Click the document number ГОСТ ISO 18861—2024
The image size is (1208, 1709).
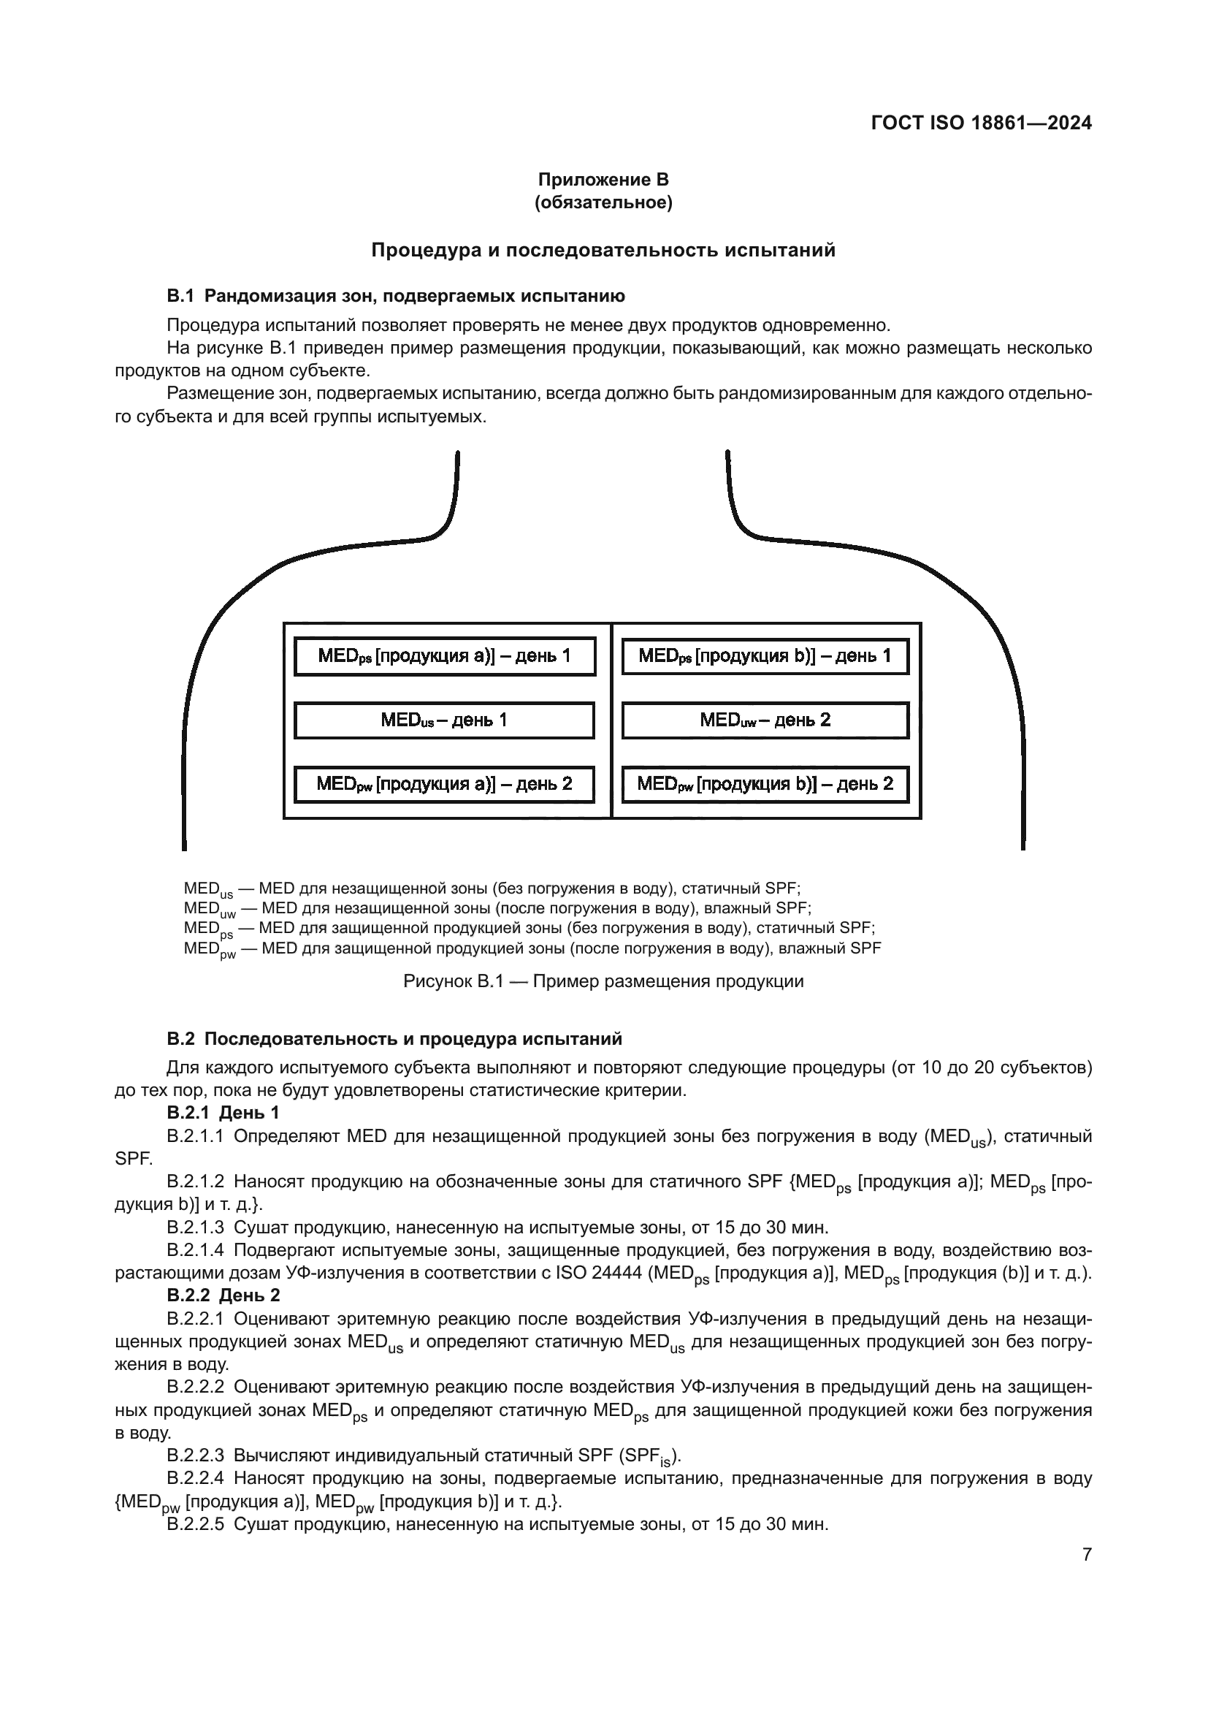click(x=980, y=123)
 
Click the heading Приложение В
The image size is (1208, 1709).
click(x=603, y=180)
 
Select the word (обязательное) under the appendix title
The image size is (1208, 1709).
click(x=603, y=202)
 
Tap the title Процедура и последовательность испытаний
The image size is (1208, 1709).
click(x=603, y=250)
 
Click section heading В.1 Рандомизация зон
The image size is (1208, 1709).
click(x=396, y=296)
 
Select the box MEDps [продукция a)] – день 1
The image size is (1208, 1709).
click(x=445, y=655)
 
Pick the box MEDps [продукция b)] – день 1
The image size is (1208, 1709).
click(x=765, y=655)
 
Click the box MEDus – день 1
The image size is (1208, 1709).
click(x=444, y=720)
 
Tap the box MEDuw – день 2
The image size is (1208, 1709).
click(x=765, y=720)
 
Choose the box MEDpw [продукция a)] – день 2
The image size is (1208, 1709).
click(x=444, y=784)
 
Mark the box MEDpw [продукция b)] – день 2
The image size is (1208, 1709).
click(x=765, y=784)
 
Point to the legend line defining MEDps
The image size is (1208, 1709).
click(x=529, y=929)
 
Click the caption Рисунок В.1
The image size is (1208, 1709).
click(x=603, y=981)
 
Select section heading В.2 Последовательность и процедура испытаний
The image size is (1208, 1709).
click(x=394, y=1038)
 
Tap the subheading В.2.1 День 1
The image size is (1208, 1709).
click(x=223, y=1113)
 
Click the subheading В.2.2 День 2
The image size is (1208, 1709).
click(x=223, y=1295)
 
